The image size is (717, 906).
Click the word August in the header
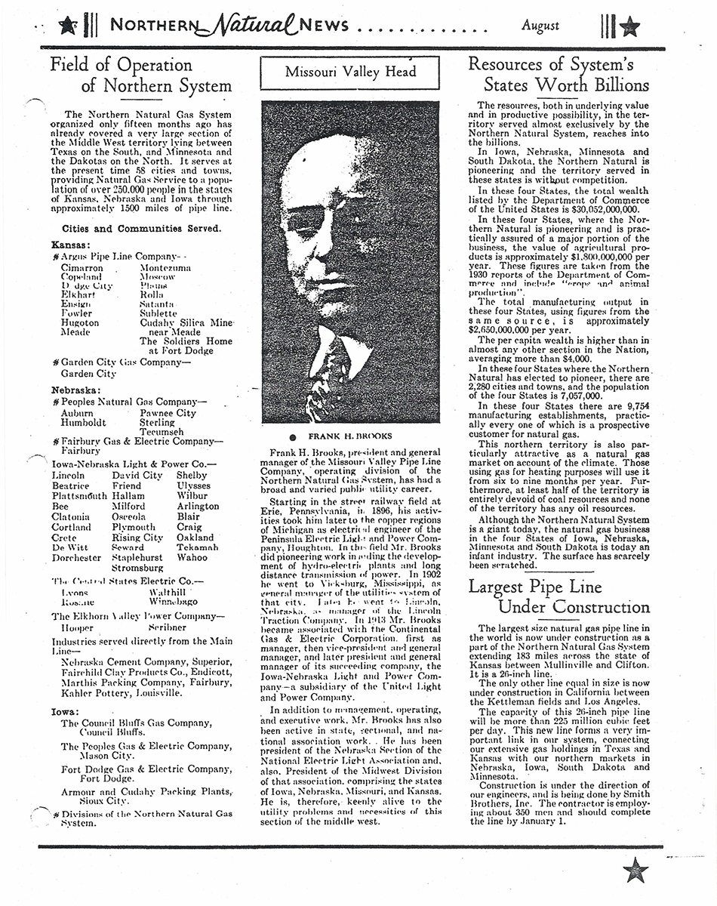540,26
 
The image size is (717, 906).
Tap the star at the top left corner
67,26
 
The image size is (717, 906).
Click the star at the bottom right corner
635,870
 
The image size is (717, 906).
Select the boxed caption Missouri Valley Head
350,72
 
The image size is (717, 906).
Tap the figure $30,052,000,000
602,209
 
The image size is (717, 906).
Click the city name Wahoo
192,558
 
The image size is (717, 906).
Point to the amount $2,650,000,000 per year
521,330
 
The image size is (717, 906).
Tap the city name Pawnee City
168,413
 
